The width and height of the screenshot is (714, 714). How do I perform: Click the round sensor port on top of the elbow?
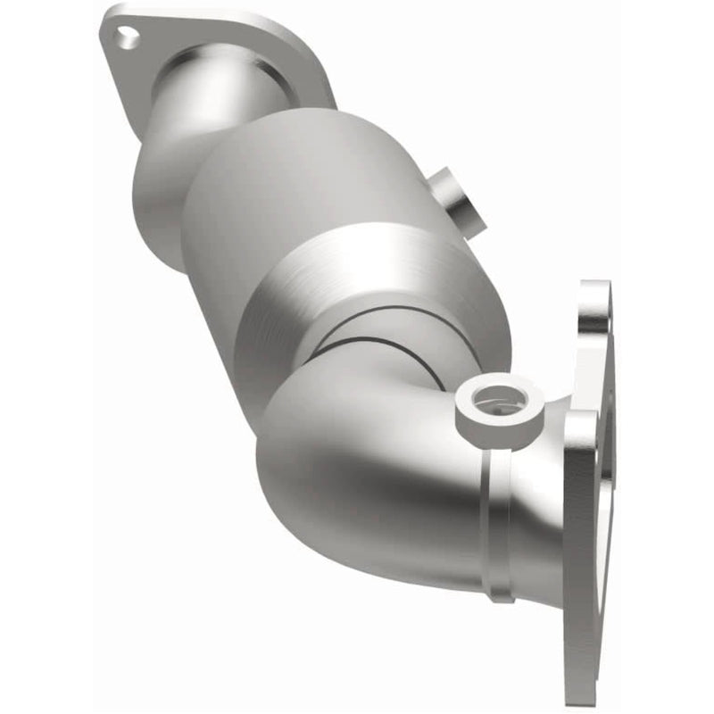[x=491, y=402]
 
